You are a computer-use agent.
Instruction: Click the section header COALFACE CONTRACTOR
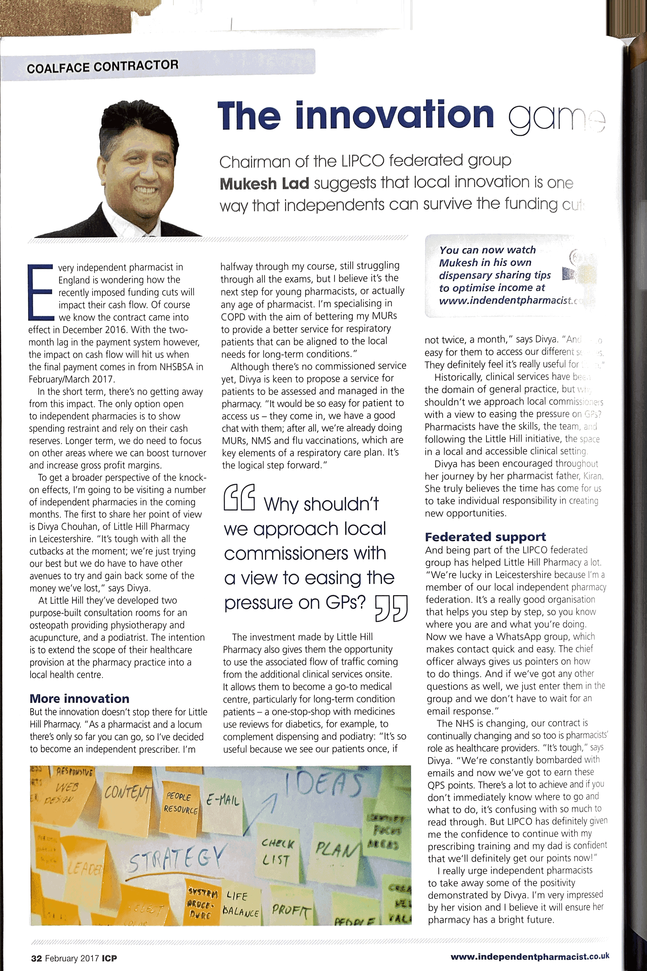pos(102,66)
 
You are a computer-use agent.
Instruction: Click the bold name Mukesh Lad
pos(264,184)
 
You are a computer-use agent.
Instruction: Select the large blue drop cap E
pos(40,292)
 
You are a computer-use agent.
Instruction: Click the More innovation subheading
pos(79,698)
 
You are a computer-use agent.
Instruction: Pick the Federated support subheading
pos(485,537)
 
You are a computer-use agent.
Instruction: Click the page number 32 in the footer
pos(36,958)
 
